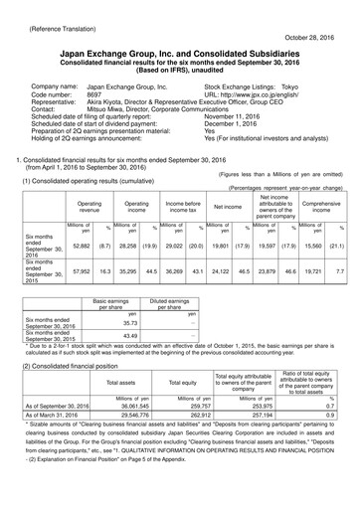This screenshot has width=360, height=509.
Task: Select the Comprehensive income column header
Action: [318, 206]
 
